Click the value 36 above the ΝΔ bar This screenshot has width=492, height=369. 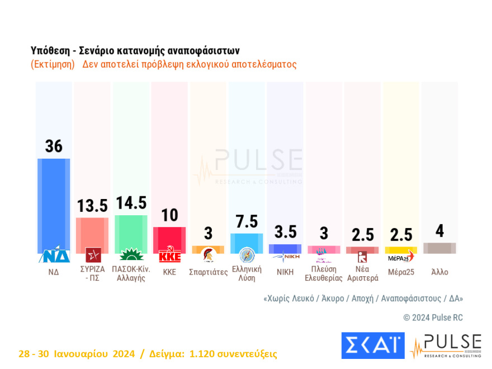click(x=54, y=146)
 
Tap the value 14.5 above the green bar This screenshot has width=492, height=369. click(x=130, y=202)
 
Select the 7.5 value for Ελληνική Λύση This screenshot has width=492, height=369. click(x=247, y=222)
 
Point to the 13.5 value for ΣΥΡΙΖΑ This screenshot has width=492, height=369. click(x=92, y=206)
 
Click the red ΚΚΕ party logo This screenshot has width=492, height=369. click(x=169, y=256)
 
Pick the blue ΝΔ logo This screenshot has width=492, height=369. click(x=54, y=255)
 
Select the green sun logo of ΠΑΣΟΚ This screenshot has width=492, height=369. click(x=131, y=255)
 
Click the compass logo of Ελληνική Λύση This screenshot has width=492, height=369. click(x=247, y=256)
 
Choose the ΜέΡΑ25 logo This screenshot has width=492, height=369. click(x=400, y=257)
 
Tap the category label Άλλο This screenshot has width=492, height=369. click(x=439, y=272)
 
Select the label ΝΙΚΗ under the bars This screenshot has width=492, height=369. click(x=285, y=272)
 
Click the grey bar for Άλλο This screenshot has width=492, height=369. click(x=439, y=248)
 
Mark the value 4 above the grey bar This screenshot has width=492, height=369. click(x=439, y=231)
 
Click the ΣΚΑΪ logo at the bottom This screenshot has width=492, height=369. click(x=372, y=346)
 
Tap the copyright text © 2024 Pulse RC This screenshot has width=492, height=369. click(x=433, y=318)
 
